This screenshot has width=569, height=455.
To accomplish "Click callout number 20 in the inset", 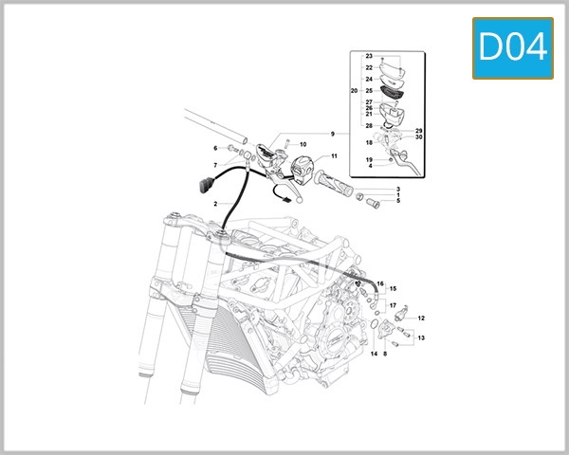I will tap(354, 91).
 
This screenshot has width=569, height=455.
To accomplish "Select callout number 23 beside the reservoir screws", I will tap(368, 58).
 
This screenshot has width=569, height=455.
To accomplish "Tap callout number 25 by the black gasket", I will tap(368, 91).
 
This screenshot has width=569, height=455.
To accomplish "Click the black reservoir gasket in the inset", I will tap(387, 91).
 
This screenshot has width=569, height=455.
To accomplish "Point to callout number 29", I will tap(418, 130).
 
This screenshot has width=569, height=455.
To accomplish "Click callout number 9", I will tap(333, 134).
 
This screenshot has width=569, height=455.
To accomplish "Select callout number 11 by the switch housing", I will tap(333, 155).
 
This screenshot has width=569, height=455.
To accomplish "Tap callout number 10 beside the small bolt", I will tap(303, 144).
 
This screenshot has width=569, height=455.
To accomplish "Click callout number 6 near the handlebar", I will tap(215, 148).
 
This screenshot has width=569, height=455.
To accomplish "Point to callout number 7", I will tap(215, 166).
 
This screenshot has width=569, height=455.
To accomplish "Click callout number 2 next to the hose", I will tap(215, 204).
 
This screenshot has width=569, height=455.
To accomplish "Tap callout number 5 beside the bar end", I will tap(397, 201).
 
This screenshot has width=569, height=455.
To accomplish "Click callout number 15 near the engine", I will tap(393, 288).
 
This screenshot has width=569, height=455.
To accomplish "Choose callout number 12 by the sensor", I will tap(421, 318).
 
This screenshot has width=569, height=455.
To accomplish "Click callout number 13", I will tap(421, 337).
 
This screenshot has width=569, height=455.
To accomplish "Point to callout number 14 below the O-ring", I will tap(374, 354).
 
